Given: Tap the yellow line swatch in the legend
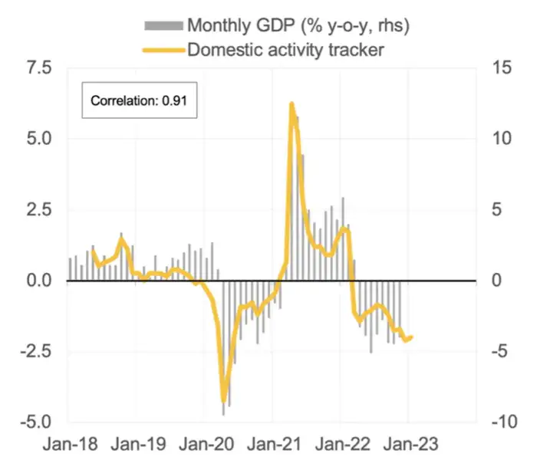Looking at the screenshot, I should coord(163,51).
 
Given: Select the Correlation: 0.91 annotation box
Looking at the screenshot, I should coord(140,100).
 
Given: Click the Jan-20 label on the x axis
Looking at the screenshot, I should coord(205,444).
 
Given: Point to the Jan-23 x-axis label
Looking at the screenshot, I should coord(408,444).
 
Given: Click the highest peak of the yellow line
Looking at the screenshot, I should coord(291,103).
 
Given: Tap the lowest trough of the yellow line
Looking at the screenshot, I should coord(223,401).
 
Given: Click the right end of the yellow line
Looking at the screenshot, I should coord(412,337).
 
